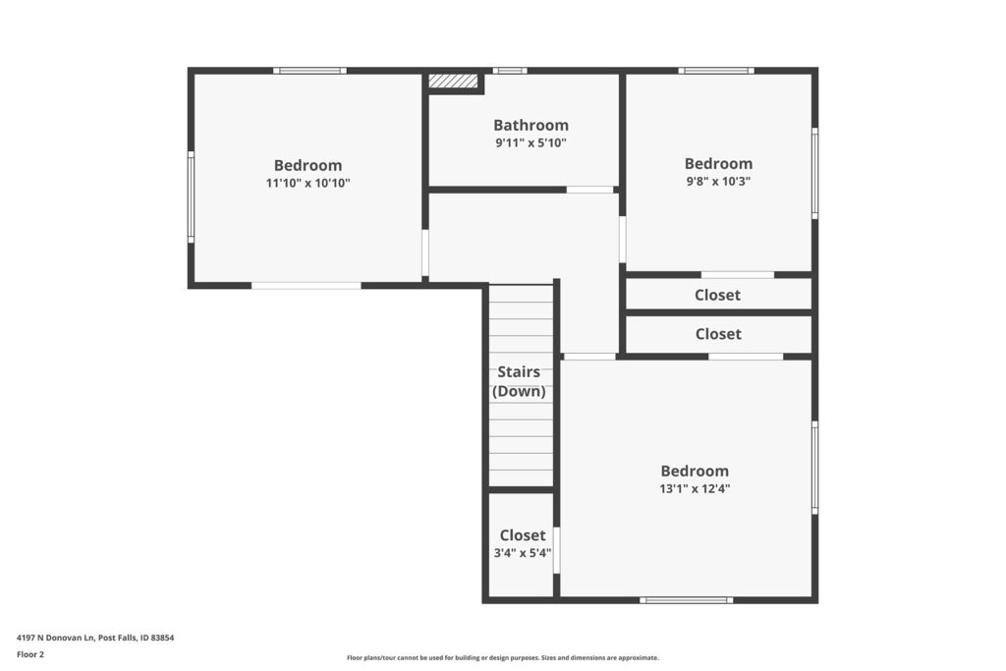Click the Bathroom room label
pyautogui.click(x=531, y=125)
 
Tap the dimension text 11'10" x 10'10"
pyautogui.click(x=307, y=183)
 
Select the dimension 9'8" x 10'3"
pyautogui.click(x=718, y=181)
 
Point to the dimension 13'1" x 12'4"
pyautogui.click(x=695, y=488)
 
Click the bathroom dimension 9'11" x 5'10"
pyautogui.click(x=531, y=142)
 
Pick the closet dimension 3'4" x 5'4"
pyautogui.click(x=523, y=552)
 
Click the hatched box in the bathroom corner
pyautogui.click(x=453, y=81)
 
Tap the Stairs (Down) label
pyautogui.click(x=519, y=381)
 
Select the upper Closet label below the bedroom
pyautogui.click(x=717, y=295)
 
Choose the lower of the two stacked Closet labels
pyautogui.click(x=718, y=334)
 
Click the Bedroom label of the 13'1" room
pyautogui.click(x=695, y=472)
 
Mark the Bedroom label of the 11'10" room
pyautogui.click(x=307, y=165)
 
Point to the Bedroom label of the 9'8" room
pyautogui.click(x=718, y=164)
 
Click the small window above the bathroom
pyautogui.click(x=510, y=71)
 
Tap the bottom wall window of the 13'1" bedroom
pyautogui.click(x=686, y=600)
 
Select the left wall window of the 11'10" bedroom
pyautogui.click(x=191, y=196)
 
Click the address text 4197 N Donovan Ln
pyautogui.click(x=56, y=638)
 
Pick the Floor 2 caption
pyautogui.click(x=30, y=654)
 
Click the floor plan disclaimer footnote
pyautogui.click(x=502, y=657)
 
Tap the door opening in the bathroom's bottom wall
pyautogui.click(x=589, y=190)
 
